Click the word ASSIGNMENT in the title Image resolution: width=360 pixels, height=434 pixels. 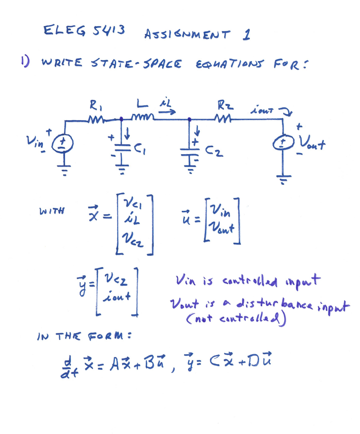(x=187, y=35)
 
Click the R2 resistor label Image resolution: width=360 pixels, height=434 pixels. (x=222, y=104)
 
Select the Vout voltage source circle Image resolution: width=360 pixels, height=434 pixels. (x=284, y=143)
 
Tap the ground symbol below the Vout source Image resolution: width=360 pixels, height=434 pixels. (x=283, y=179)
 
